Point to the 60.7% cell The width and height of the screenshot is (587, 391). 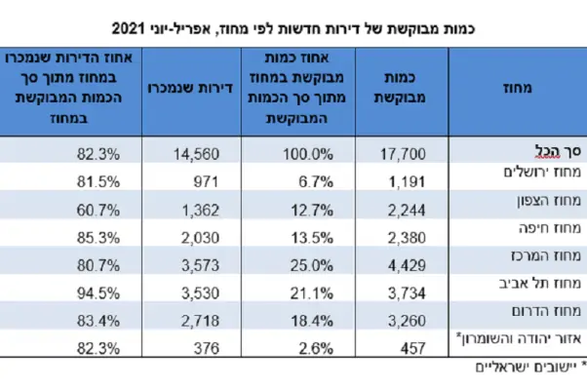[x=97, y=206]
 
